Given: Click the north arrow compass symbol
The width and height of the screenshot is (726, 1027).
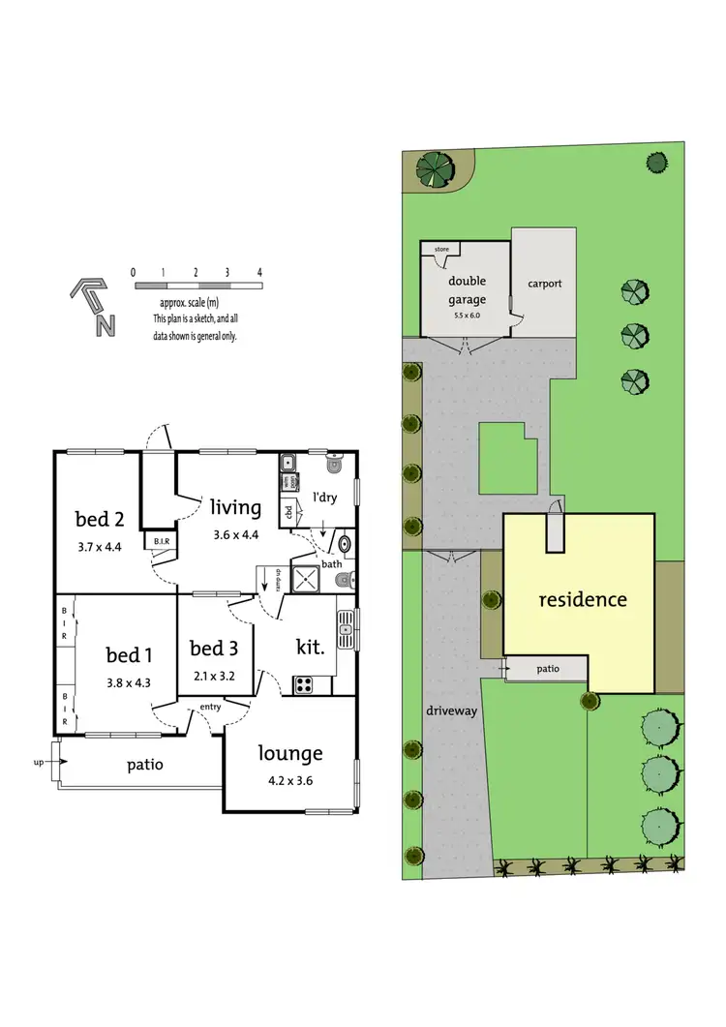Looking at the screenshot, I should click(x=92, y=307).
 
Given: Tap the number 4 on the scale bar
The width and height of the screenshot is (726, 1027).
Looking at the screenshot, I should click(x=259, y=273).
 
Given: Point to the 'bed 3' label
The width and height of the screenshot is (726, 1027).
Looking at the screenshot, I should click(x=214, y=648).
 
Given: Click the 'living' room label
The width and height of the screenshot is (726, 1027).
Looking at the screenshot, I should click(x=234, y=506).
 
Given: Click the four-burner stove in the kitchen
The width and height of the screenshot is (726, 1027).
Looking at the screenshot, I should click(x=304, y=683).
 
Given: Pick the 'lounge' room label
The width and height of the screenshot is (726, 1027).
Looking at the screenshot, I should click(x=289, y=752).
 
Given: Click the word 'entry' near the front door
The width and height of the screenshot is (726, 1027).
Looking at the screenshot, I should click(x=211, y=707).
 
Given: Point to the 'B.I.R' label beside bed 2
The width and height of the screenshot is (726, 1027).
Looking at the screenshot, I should click(x=158, y=542).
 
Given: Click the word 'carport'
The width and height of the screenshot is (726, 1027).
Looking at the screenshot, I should click(x=545, y=284).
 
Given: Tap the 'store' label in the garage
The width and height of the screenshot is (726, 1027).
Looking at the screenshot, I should click(x=441, y=250).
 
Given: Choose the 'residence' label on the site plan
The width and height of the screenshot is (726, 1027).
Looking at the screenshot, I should click(x=582, y=599).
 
